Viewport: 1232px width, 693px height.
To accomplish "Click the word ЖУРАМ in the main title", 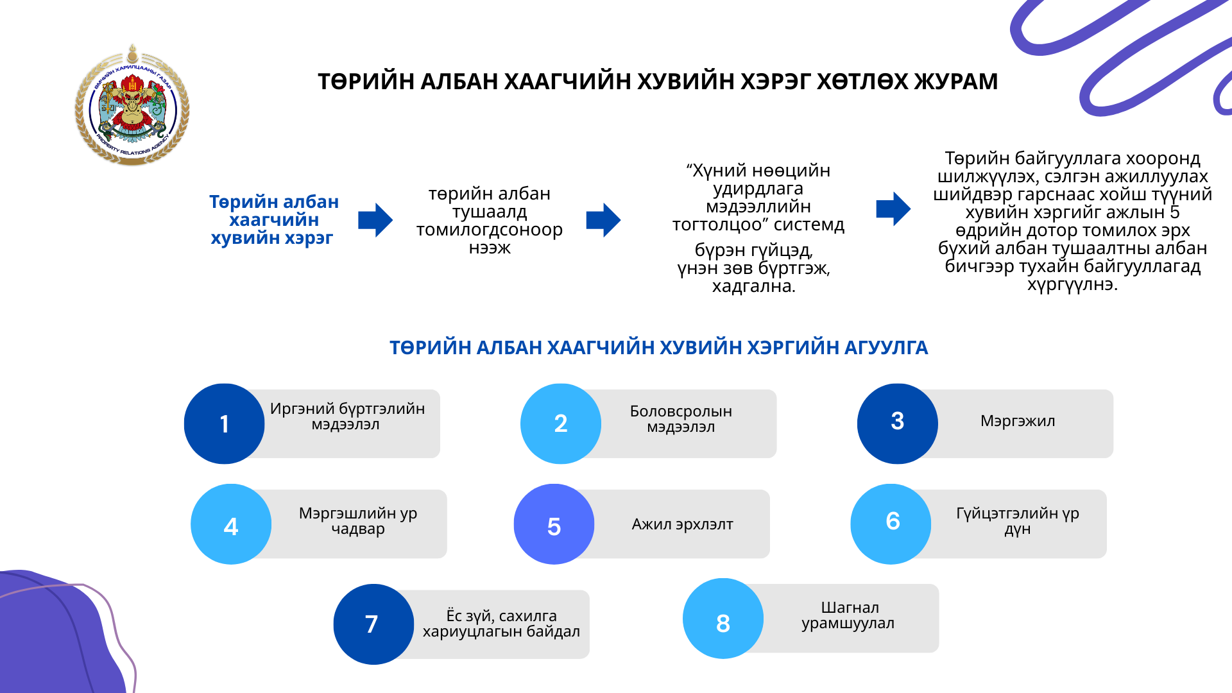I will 955,82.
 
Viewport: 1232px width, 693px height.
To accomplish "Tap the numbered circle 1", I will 224,424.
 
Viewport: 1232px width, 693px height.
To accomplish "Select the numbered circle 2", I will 560,424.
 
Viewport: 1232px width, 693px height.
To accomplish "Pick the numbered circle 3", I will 897,423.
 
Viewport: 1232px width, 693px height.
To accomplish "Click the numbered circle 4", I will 231,525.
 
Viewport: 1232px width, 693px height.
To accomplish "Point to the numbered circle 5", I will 554,525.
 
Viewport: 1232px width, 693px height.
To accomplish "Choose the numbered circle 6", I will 891,524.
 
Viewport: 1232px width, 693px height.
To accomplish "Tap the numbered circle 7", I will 373,624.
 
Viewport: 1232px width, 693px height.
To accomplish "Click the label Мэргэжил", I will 1018,422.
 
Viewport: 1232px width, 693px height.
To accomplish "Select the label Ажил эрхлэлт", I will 682,525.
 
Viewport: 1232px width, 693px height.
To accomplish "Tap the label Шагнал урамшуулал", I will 848,615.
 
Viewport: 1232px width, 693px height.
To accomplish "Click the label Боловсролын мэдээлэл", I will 681,419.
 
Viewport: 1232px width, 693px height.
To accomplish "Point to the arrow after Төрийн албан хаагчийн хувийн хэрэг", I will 375,221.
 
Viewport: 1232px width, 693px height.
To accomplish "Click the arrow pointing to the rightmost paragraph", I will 893,209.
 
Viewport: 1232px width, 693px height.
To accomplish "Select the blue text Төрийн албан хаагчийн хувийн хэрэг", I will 273,220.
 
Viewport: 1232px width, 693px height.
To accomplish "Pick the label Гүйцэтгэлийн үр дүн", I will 1018,521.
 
